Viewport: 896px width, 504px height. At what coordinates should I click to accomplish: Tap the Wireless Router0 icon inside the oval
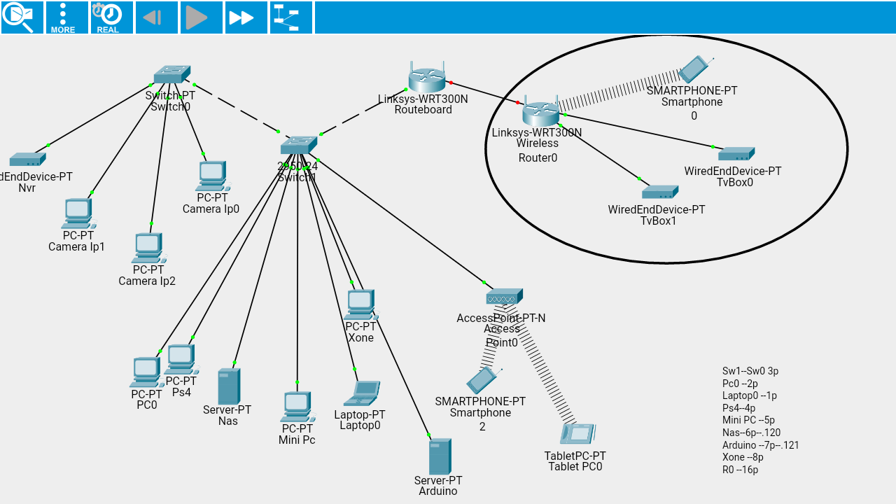[540, 112]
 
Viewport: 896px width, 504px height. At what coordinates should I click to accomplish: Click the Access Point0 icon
[504, 296]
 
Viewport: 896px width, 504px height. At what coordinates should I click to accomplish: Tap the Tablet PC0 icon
[577, 434]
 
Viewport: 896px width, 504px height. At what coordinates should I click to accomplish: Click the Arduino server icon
[440, 456]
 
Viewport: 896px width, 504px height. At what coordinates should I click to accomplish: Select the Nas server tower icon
[228, 386]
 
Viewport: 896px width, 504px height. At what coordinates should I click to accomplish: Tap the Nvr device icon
[27, 160]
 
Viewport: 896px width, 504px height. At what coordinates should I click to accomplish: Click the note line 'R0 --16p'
[740, 470]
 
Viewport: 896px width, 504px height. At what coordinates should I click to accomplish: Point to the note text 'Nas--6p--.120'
[751, 433]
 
